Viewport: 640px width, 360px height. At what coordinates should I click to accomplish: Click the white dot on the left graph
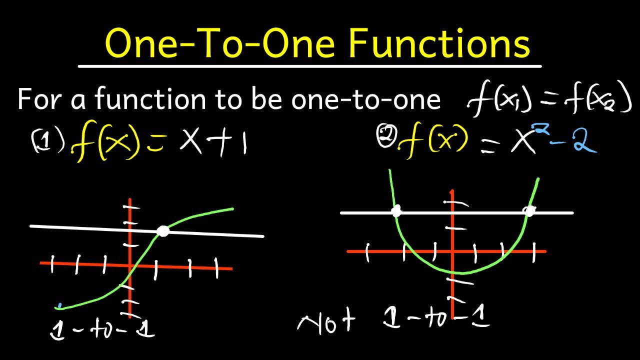pyautogui.click(x=162, y=231)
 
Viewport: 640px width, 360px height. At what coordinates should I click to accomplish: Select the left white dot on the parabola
pyautogui.click(x=396, y=211)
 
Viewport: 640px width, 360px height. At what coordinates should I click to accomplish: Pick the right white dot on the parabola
pyautogui.click(x=529, y=211)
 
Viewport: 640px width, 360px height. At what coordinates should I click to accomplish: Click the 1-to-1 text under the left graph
pyautogui.click(x=102, y=329)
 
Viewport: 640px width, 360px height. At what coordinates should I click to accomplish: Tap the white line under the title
pyautogui.click(x=310, y=66)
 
